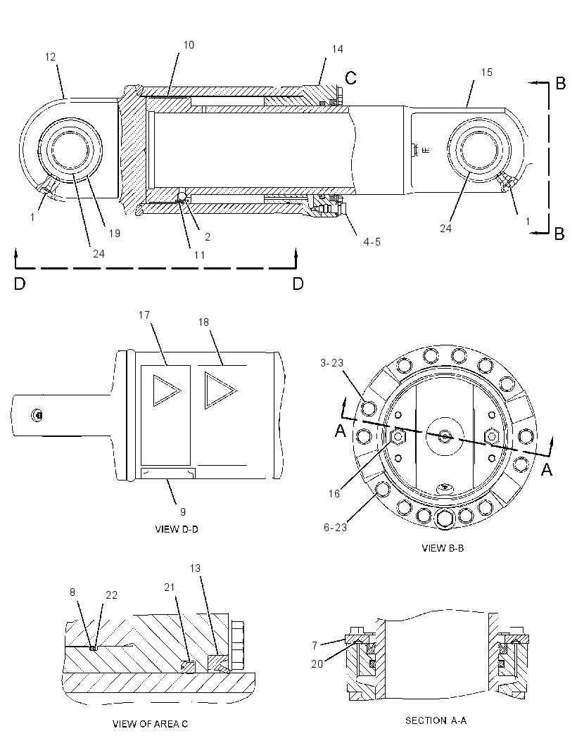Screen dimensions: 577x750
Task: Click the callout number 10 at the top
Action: (x=189, y=44)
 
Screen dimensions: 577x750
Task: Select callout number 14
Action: (x=337, y=49)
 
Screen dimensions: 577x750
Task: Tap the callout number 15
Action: (x=486, y=72)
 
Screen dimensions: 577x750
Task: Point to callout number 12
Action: (x=50, y=57)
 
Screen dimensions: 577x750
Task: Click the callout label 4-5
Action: (x=372, y=242)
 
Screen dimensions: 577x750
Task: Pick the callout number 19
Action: (x=115, y=234)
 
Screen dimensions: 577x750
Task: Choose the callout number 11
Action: (x=200, y=255)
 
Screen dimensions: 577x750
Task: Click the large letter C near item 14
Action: (x=350, y=77)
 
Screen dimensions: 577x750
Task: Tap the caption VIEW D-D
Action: (x=177, y=529)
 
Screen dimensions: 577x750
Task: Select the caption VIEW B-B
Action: (x=443, y=548)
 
